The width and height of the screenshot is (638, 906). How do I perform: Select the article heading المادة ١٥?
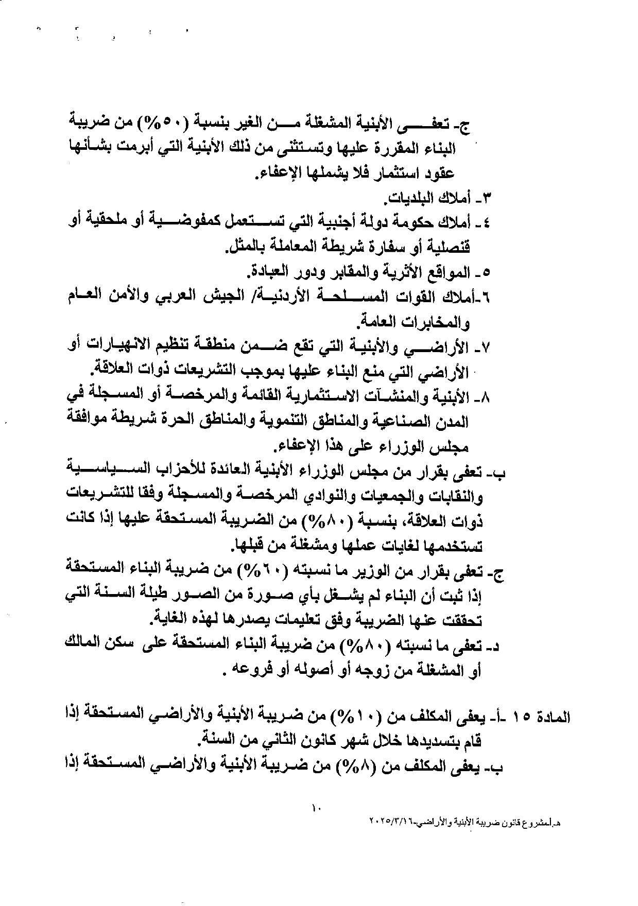(x=546, y=717)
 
